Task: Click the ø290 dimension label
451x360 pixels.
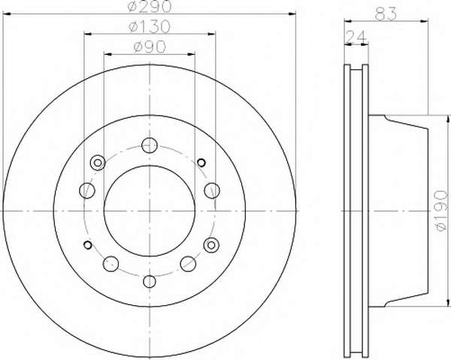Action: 150,6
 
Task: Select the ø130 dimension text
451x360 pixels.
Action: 150,27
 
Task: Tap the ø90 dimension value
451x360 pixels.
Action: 150,47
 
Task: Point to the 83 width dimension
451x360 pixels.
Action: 386,14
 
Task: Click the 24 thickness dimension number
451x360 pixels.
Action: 356,36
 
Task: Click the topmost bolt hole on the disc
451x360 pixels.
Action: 150,145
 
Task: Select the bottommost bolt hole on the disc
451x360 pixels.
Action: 150,281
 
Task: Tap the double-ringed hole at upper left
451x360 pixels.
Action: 98,163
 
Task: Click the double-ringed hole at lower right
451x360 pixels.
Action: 211,245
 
